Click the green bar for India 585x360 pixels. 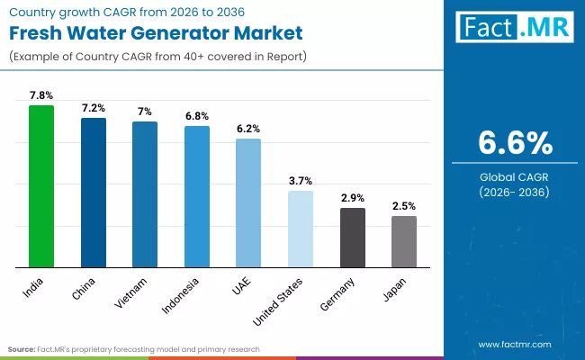[41, 186]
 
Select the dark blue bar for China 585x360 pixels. [94, 193]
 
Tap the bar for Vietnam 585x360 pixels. [145, 194]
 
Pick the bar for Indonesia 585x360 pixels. [197, 197]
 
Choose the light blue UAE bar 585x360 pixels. [248, 203]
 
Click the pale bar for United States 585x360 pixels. [301, 229]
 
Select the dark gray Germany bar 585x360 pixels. [353, 238]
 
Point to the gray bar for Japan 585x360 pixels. [404, 242]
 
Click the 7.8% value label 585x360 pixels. [41, 95]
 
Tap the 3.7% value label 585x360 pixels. [301, 181]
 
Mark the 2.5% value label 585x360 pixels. [404, 206]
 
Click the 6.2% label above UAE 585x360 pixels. [248, 129]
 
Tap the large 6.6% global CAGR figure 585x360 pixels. [514, 143]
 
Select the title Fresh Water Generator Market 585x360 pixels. [155, 32]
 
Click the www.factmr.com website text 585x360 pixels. [514, 344]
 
